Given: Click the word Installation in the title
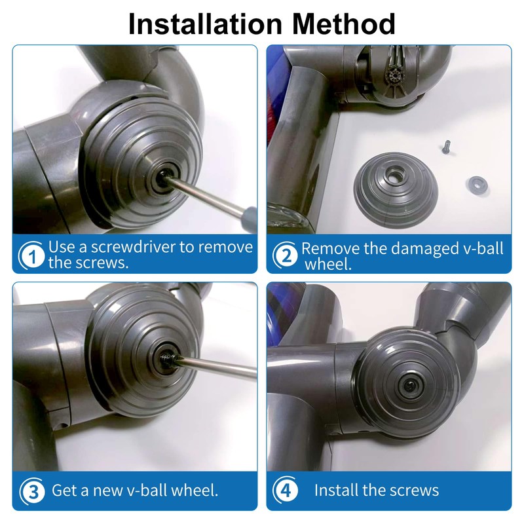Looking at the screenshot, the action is point(205,24).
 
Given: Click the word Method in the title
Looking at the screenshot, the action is point(344,24).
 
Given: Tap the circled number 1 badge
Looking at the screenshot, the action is point(31,256).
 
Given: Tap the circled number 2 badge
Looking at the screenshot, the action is point(286,255).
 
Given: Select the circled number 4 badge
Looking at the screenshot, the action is point(286,490).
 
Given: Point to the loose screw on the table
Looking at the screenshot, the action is point(446,147).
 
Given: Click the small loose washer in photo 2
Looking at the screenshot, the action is point(477,185).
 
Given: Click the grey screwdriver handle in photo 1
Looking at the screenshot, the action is point(248,219).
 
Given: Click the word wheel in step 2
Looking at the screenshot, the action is point(328,265).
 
